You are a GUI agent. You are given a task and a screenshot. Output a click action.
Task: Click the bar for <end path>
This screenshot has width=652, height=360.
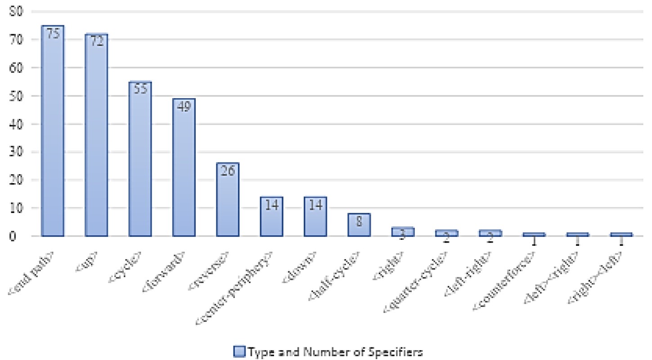coord(53,135)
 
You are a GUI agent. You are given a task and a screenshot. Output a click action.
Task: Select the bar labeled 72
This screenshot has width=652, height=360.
coord(96,139)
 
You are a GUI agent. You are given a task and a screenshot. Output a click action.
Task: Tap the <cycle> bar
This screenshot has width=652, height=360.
coord(140,162)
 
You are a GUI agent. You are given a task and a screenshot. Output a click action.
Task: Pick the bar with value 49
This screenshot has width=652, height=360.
coord(184,171)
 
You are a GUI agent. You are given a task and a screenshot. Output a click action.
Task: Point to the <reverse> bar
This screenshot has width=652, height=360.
coord(228,202)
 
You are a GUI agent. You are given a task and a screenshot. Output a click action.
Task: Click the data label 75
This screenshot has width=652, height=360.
coord(53,34)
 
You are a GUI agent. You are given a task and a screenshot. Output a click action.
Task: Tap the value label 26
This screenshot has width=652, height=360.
coord(228,171)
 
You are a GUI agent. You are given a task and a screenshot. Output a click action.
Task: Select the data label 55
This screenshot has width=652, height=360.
coord(140,90)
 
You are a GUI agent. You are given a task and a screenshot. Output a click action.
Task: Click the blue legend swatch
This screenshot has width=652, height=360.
coord(239,351)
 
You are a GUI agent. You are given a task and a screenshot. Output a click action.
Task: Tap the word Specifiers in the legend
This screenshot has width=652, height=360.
coord(401,351)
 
